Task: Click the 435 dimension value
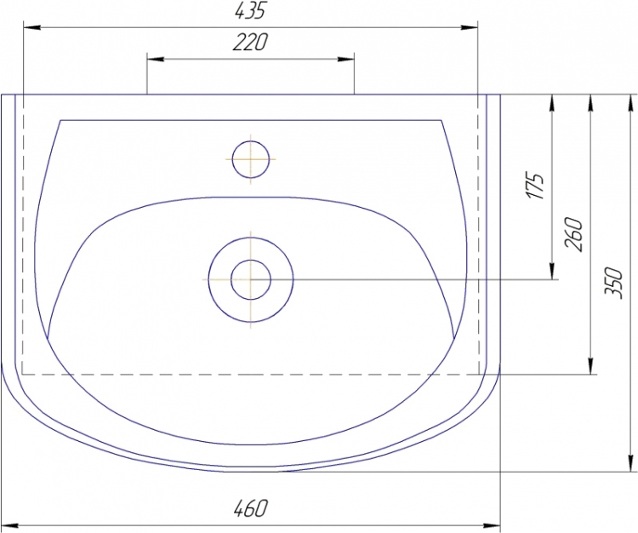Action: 250,10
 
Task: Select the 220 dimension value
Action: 251,43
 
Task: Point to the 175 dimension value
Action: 535,186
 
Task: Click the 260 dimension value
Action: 573,234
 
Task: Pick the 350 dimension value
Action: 613,283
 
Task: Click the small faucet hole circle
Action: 251,159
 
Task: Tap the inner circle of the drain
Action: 251,279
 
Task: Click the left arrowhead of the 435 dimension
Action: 31,27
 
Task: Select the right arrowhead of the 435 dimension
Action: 469,27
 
